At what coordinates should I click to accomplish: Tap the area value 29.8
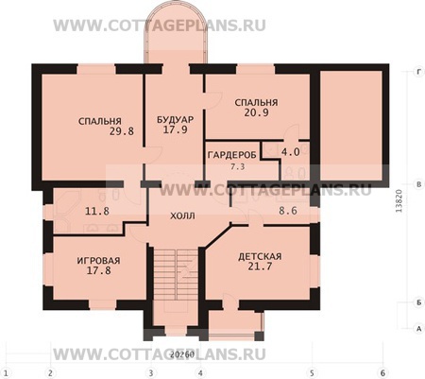(102, 133)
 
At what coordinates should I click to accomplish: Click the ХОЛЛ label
(182, 215)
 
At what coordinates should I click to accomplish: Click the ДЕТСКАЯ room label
(258, 256)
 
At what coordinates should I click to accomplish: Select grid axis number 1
(7, 371)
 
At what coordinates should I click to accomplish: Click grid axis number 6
(382, 371)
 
